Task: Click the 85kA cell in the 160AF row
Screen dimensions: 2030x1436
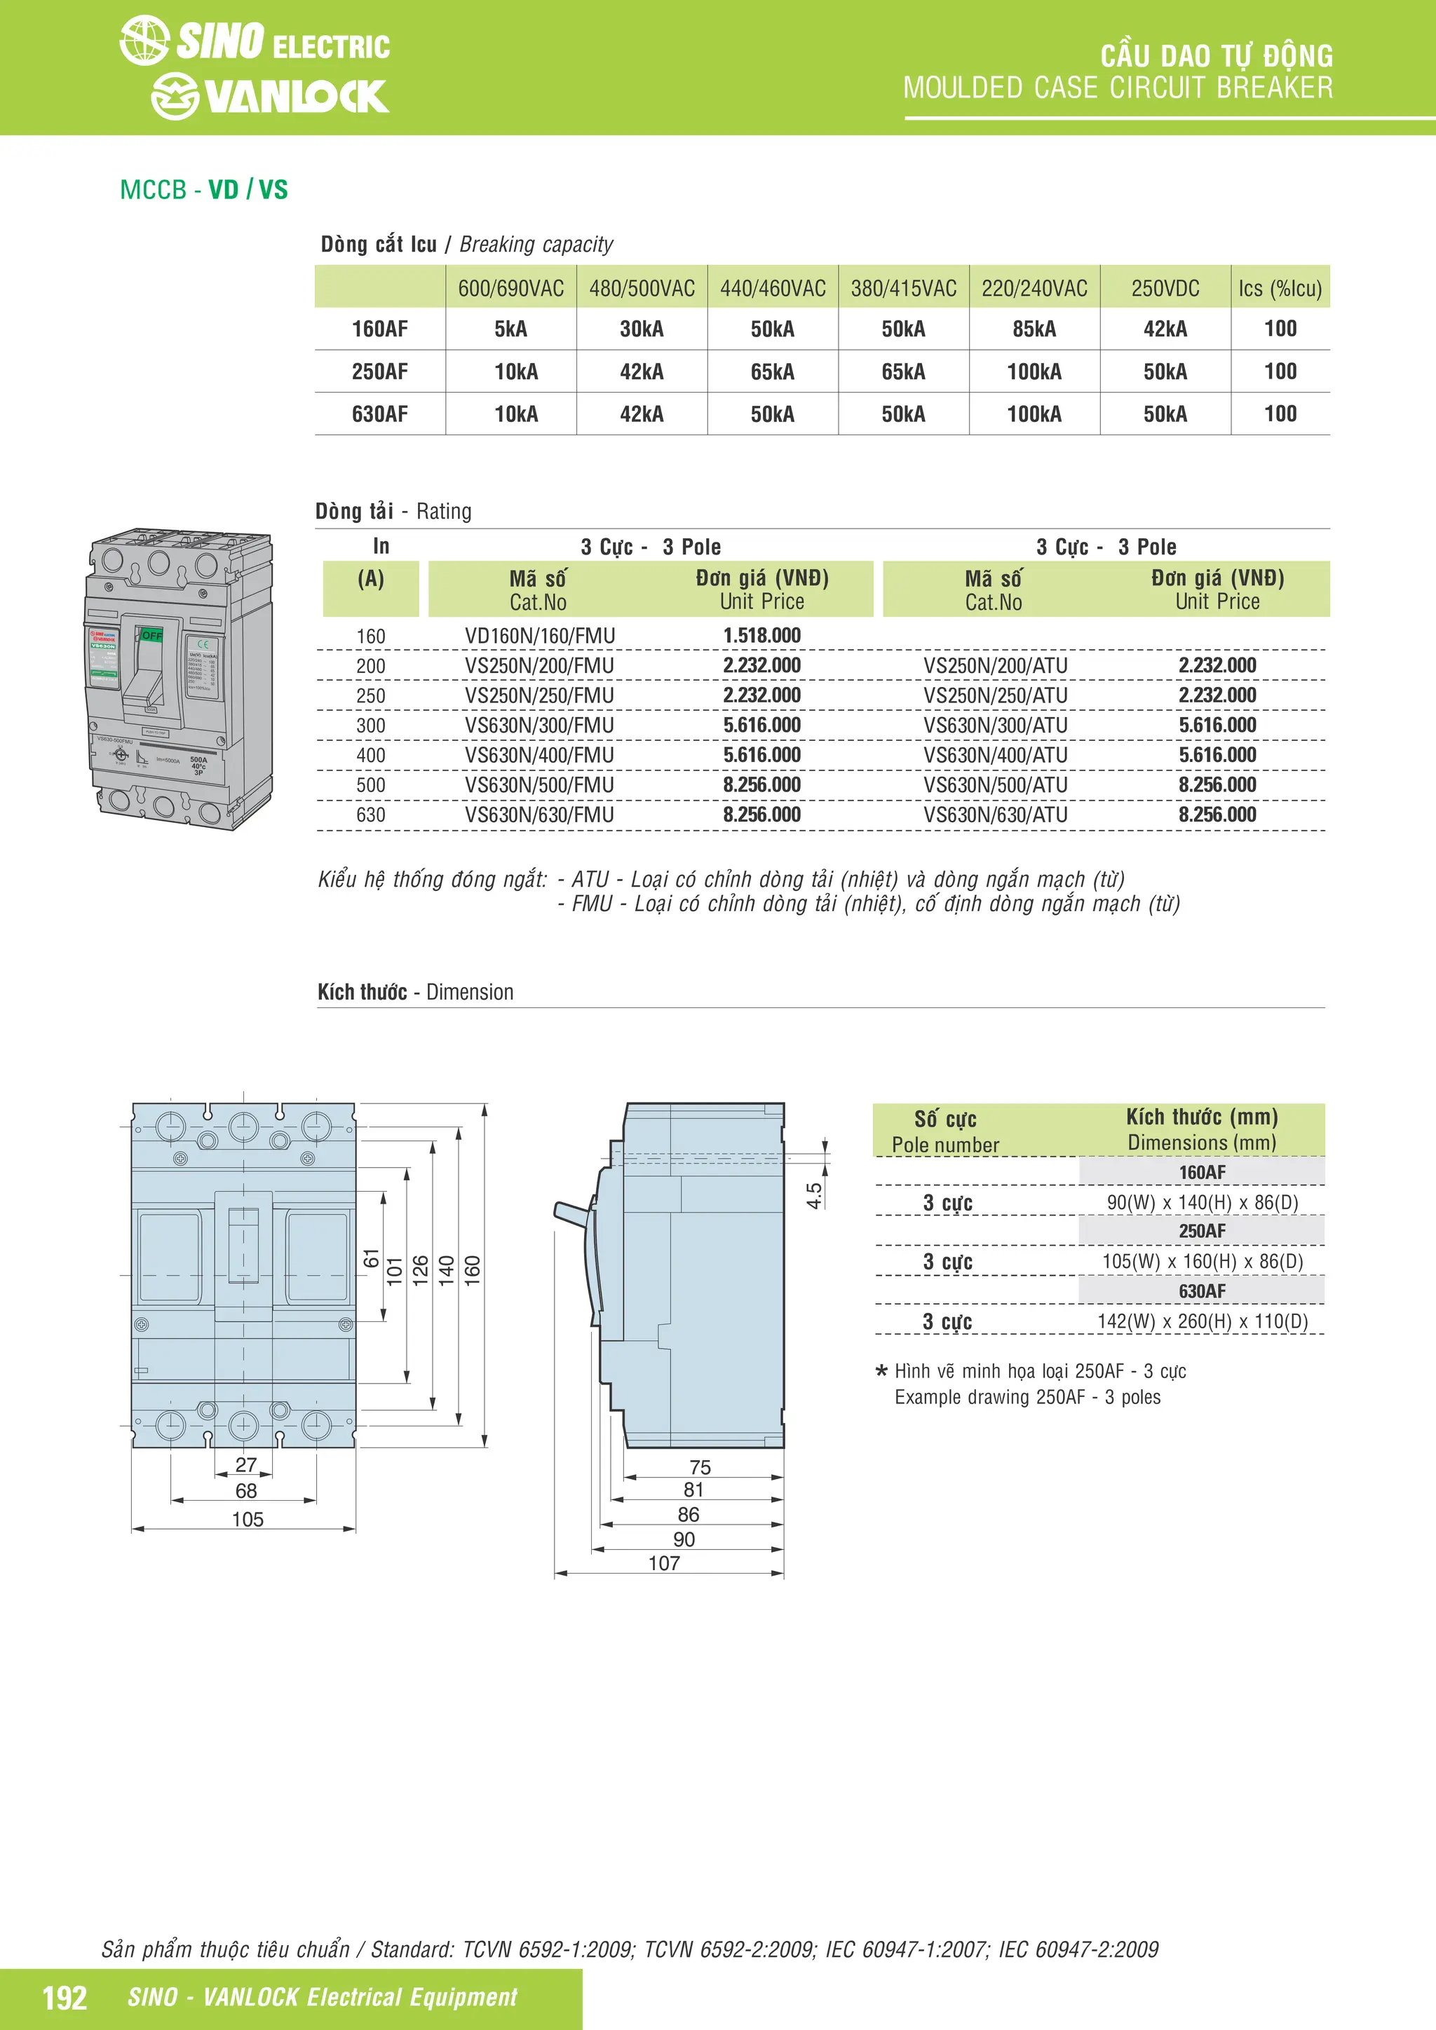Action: click(x=1034, y=329)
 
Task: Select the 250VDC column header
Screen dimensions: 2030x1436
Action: click(x=1165, y=288)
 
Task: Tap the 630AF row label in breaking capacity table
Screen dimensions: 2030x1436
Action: click(x=379, y=414)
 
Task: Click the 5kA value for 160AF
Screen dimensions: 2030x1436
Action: click(x=510, y=329)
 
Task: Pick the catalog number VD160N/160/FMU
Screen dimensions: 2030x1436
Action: click(x=539, y=636)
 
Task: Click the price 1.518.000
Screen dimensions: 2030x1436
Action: click(x=761, y=636)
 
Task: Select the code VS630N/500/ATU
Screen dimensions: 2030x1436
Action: click(x=995, y=785)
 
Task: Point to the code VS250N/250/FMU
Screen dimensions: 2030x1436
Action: click(x=539, y=696)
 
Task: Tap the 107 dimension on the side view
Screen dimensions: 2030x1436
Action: click(x=664, y=1562)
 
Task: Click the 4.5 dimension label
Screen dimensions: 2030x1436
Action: click(x=814, y=1195)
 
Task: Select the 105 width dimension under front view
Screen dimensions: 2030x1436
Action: click(x=248, y=1519)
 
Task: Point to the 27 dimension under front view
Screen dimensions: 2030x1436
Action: click(x=246, y=1465)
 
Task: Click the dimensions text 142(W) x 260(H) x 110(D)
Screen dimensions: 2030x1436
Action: click(x=1202, y=1321)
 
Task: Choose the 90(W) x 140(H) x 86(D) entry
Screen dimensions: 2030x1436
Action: click(x=1202, y=1202)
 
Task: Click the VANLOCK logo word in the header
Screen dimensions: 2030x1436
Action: click(x=295, y=96)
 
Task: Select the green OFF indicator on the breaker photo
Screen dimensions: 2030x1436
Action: click(x=151, y=636)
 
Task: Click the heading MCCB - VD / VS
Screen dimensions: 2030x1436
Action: click(x=204, y=190)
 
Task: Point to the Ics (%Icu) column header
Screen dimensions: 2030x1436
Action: click(x=1280, y=288)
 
